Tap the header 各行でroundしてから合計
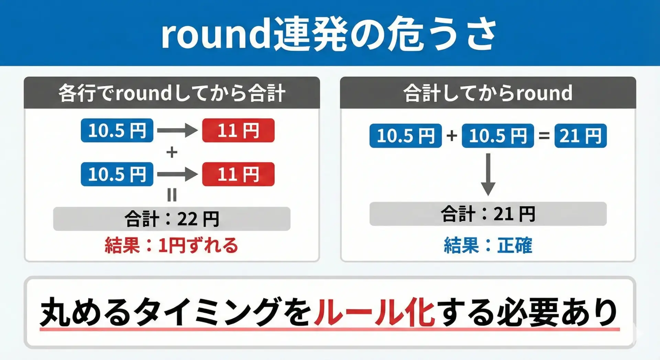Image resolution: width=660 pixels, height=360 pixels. (x=172, y=93)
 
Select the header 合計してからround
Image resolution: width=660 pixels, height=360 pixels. (x=488, y=93)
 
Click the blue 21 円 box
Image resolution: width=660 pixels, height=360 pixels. (x=581, y=136)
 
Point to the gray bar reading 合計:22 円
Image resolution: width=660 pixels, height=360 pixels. (x=172, y=219)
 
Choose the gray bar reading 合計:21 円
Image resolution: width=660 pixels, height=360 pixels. (x=488, y=214)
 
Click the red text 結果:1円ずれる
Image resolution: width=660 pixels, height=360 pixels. (x=171, y=246)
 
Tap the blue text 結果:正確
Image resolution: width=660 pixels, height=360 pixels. (x=488, y=246)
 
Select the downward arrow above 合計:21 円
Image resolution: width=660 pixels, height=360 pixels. (x=488, y=175)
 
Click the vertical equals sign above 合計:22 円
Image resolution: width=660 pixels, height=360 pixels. (x=172, y=195)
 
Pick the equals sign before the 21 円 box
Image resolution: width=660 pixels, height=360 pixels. (x=544, y=136)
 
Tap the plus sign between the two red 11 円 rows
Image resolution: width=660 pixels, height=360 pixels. (x=172, y=152)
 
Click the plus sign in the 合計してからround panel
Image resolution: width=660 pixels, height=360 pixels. (x=452, y=136)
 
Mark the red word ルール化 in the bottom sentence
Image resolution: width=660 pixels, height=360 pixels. (x=375, y=312)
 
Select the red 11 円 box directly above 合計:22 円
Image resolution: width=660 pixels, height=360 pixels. (x=238, y=174)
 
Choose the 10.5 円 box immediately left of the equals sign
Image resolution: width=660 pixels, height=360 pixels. (x=498, y=136)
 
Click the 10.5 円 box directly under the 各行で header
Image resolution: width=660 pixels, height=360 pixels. (x=117, y=130)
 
